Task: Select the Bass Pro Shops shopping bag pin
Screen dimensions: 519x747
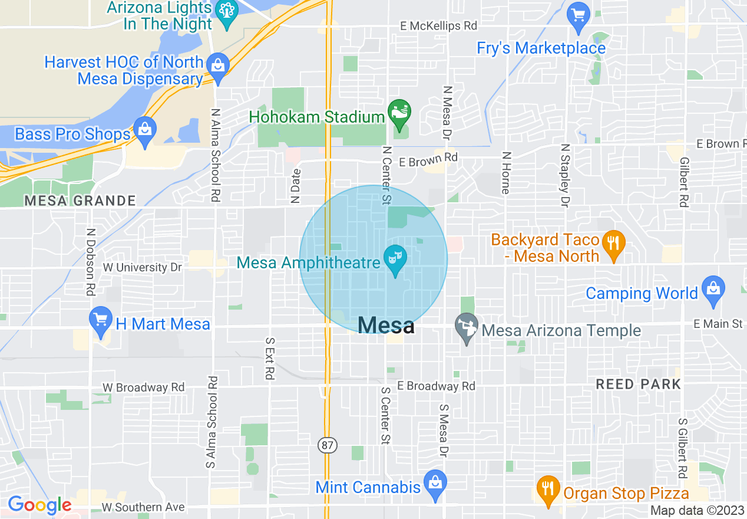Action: click(x=144, y=129)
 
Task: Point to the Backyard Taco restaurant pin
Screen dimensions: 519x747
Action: click(x=613, y=242)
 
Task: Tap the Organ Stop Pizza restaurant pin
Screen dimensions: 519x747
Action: click(x=548, y=488)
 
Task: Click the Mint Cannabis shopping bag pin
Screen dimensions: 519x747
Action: click(x=435, y=483)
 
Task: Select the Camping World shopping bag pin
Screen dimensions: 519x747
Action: click(x=713, y=289)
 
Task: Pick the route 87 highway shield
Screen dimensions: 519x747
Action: click(x=328, y=445)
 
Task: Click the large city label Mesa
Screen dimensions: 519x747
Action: click(x=386, y=325)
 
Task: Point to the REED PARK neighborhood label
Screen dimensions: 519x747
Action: click(x=638, y=385)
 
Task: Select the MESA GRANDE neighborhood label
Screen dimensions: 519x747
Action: click(x=80, y=201)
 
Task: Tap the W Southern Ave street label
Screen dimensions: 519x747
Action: click(x=143, y=507)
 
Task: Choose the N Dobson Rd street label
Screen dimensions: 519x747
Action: click(x=91, y=262)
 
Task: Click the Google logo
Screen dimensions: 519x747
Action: click(x=39, y=505)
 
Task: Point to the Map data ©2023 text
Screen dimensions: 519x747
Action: click(x=697, y=510)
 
